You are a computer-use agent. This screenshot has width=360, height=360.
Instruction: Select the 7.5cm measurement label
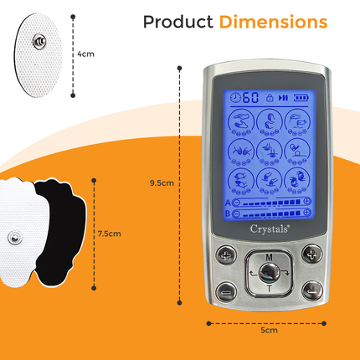[x=110, y=234]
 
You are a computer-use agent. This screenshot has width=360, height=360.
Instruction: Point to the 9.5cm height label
[x=161, y=183]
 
